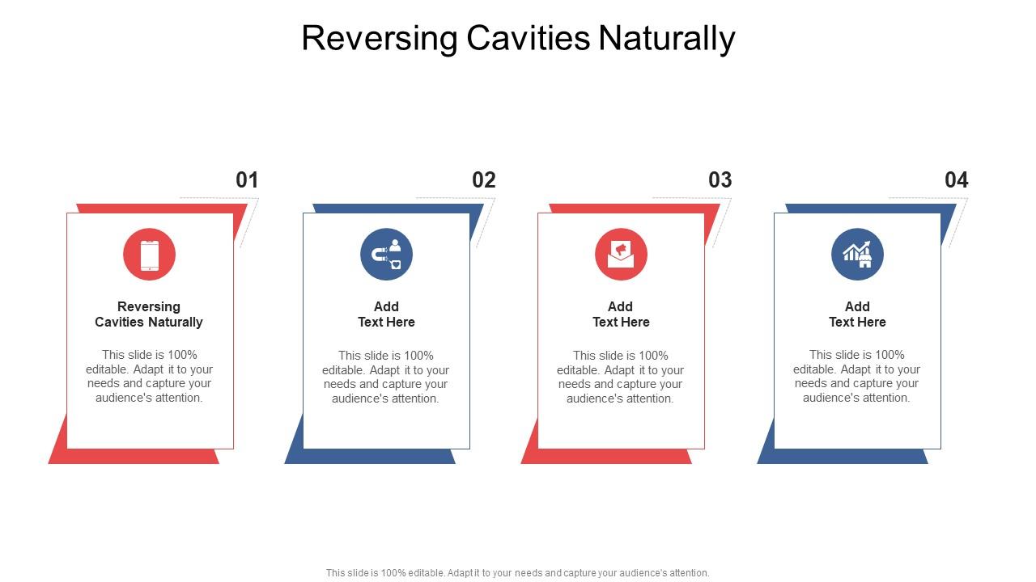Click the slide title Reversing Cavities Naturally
coord(518,38)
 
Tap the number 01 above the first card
coord(247,179)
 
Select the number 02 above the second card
coord(483,179)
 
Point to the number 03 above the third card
coord(720,179)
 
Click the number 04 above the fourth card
coord(956,179)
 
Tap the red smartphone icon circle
coord(150,255)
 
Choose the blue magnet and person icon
coord(386,255)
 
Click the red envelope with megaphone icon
coord(621,255)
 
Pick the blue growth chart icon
coord(857,255)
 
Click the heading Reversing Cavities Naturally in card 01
coord(149,314)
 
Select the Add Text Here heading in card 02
coord(386,314)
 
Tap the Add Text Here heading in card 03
coord(621,314)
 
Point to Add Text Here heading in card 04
coord(857,314)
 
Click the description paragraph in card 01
coord(149,376)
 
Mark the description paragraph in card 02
coord(386,377)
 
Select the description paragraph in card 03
coord(621,377)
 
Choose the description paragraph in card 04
coord(857,376)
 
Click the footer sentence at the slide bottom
coord(518,572)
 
